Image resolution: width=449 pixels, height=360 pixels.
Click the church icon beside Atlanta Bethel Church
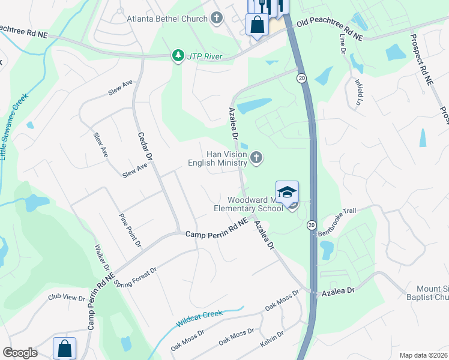pos(217,19)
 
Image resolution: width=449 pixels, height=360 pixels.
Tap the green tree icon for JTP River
pos(178,56)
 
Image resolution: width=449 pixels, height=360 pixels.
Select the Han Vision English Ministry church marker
pos(256,158)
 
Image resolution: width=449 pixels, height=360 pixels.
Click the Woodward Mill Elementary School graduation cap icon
pos(287,193)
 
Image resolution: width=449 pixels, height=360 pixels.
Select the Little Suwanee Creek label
pos(13,126)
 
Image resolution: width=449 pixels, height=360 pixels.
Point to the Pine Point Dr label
pos(130,230)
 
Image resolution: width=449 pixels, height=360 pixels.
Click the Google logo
pos(20,353)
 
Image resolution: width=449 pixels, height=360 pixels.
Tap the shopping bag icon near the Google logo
pos(65,348)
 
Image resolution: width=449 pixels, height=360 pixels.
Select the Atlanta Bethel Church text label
pos(167,19)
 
